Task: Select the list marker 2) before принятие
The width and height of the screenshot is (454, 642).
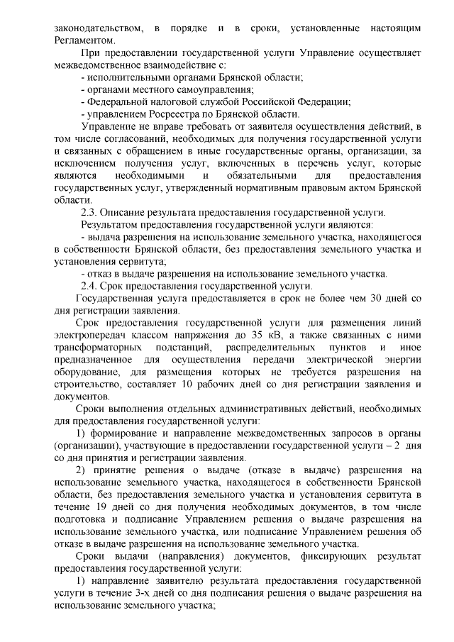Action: pos(80,470)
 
